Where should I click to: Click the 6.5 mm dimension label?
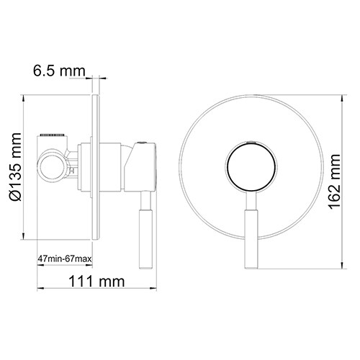(58, 71)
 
